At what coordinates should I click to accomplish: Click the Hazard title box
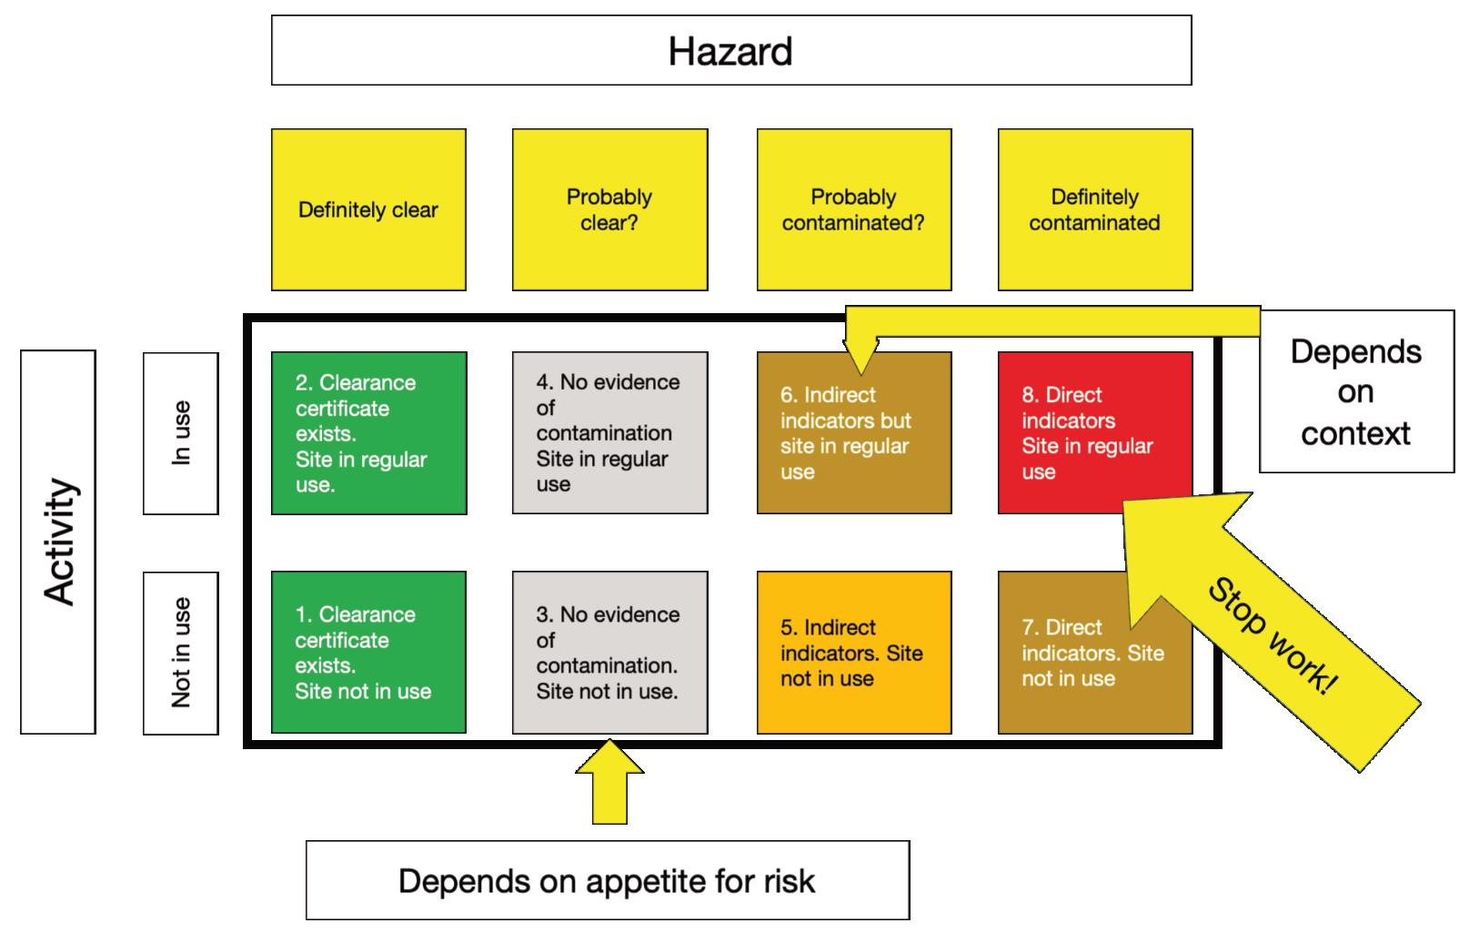731,51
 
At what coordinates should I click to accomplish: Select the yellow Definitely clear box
368,210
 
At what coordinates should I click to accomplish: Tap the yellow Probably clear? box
609,210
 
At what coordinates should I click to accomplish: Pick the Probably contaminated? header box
853,210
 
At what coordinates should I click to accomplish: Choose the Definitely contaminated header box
1094,210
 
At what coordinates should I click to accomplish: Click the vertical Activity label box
58,542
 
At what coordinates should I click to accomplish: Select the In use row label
181,433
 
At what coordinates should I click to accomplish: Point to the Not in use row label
181,653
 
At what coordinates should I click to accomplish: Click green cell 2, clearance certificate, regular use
368,433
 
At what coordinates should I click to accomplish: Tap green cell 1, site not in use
368,653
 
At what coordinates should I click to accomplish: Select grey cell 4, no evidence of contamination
609,433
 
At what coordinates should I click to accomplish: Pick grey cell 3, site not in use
609,653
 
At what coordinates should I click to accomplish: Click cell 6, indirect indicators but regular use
853,446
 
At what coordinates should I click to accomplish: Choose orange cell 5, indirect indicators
853,653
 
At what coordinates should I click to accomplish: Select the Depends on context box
1355,391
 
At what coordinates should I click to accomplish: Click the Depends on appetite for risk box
607,880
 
